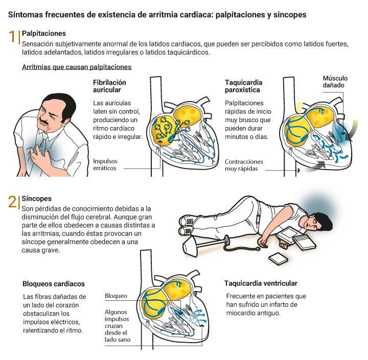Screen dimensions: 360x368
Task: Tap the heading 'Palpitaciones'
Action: pyautogui.click(x=44, y=33)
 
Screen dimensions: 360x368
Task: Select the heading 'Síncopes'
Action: pyautogui.click(x=36, y=198)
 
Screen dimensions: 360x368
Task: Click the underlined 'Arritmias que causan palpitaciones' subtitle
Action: pyautogui.click(x=77, y=67)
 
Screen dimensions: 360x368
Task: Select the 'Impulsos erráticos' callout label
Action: pyautogui.click(x=105, y=164)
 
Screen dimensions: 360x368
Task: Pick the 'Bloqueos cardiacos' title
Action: pyautogui.click(x=54, y=283)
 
